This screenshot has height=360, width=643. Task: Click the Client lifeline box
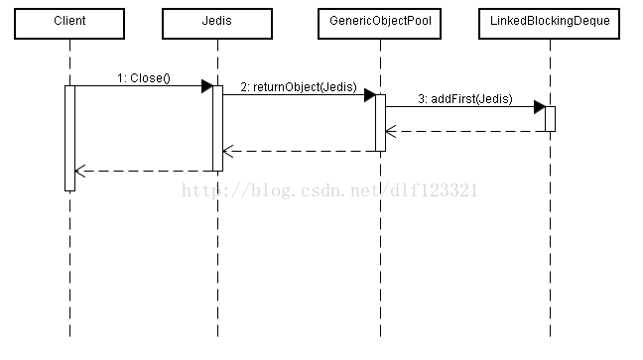click(x=69, y=21)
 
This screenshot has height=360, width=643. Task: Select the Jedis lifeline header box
click(x=217, y=21)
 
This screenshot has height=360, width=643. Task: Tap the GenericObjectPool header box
click(x=379, y=21)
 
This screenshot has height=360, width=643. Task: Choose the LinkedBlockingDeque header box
click(x=550, y=21)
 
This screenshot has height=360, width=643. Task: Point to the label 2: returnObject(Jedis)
click(x=298, y=86)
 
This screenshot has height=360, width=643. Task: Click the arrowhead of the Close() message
click(x=206, y=86)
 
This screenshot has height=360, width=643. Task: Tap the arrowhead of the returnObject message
click(x=368, y=95)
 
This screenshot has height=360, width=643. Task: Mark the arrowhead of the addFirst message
click(x=539, y=106)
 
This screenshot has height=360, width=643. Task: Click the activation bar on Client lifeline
click(x=69, y=138)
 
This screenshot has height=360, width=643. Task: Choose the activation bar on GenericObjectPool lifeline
click(x=379, y=122)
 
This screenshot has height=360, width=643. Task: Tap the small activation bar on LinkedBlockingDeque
click(x=550, y=118)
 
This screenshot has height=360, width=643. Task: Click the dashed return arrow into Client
click(x=144, y=171)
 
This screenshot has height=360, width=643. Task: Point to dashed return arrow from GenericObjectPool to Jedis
click(x=298, y=152)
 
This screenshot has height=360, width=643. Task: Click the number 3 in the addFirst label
click(x=421, y=98)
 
